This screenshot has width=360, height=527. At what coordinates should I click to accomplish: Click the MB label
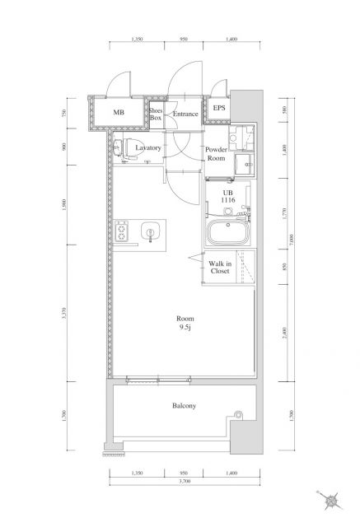pos(119,114)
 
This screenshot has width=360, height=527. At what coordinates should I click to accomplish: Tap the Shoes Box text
pos(155,114)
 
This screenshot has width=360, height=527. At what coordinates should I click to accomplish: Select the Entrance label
pos(185,114)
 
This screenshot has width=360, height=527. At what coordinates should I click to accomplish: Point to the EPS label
pos(219,108)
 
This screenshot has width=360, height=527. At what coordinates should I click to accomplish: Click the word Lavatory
pos(147,148)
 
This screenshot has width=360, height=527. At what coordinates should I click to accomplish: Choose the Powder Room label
pos(216,153)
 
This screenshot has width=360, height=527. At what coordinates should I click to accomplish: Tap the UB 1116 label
pos(228,198)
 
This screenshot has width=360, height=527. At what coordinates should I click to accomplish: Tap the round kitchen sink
pos(150,231)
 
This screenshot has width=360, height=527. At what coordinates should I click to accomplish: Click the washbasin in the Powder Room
pos(245,162)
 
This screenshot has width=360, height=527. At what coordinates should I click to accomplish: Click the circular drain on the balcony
pos(238,413)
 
